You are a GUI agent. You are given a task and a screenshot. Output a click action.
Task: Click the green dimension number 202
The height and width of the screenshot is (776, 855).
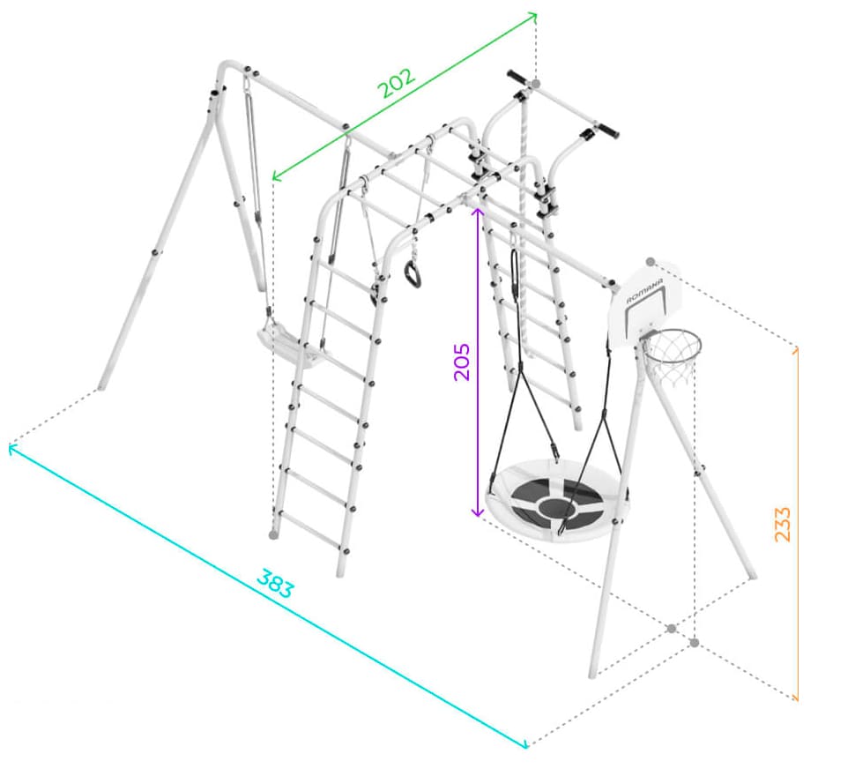click(x=397, y=83)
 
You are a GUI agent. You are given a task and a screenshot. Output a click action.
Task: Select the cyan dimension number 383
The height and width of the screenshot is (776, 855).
click(x=275, y=584)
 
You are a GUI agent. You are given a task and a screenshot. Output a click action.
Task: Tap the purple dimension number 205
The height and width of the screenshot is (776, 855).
click(x=461, y=362)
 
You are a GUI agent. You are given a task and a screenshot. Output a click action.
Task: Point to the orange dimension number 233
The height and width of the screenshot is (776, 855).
click(x=782, y=524)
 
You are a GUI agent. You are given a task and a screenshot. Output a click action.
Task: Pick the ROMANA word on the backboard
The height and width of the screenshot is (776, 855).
click(x=644, y=291)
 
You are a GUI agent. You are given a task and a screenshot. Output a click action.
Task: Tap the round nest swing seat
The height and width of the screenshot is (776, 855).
click(x=554, y=501)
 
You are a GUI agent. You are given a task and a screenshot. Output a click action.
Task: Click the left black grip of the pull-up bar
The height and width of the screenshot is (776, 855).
click(x=517, y=78)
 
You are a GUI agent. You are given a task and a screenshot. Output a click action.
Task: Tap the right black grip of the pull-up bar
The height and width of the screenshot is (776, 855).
click(x=607, y=131)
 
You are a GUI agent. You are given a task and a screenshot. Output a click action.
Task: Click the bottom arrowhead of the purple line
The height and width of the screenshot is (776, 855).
click(x=478, y=513)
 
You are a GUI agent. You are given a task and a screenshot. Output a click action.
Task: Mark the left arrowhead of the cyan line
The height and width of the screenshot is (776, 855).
click(x=12, y=449)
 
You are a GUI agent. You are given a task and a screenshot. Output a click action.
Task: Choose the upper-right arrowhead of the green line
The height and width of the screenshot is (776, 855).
click(x=533, y=17)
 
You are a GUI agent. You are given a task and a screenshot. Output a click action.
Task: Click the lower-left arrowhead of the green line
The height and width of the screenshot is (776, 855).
click(x=275, y=176)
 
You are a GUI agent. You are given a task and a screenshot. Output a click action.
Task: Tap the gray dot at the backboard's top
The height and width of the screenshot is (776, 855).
click(x=650, y=262)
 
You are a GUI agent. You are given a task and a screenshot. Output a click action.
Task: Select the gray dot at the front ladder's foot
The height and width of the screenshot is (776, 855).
click(x=273, y=535)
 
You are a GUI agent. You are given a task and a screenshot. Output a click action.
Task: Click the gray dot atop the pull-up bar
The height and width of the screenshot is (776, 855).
click(x=535, y=84)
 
